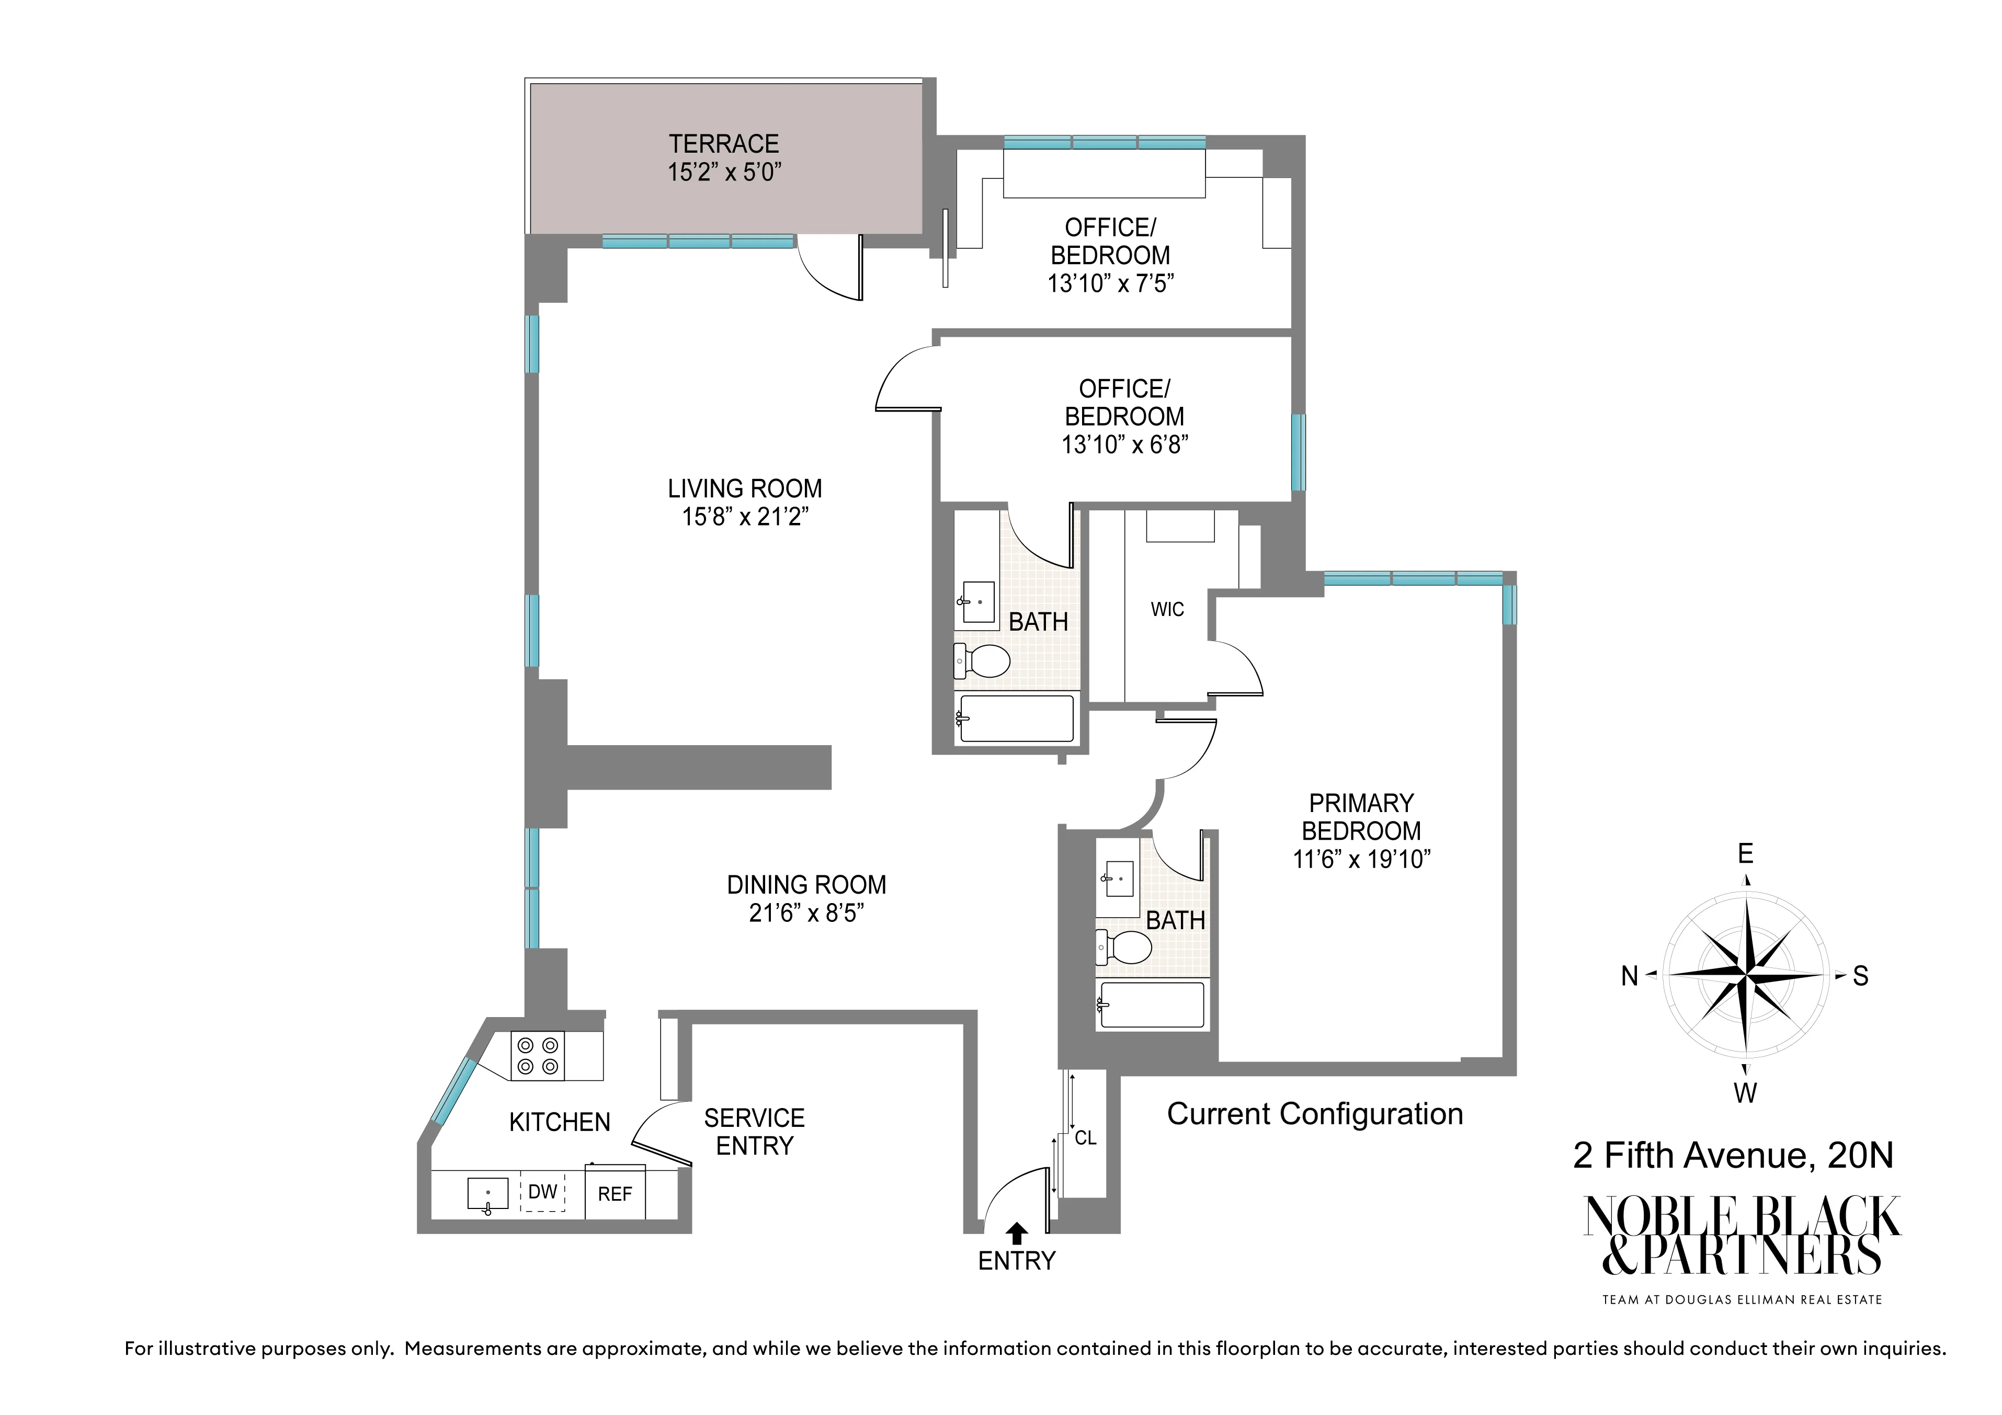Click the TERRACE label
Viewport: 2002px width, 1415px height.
click(723, 143)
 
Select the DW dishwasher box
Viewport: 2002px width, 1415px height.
click(542, 1192)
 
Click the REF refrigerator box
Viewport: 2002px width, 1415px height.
click(614, 1194)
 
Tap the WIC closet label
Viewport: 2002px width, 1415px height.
click(1167, 609)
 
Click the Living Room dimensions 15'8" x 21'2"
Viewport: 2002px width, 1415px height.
click(745, 517)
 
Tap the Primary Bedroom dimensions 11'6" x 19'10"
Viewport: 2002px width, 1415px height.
click(1361, 860)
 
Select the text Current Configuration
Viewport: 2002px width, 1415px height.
click(1314, 1114)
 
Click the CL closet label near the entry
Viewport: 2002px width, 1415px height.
click(1085, 1138)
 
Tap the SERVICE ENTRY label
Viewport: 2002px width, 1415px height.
click(754, 1132)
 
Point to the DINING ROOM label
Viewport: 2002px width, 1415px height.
click(806, 885)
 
